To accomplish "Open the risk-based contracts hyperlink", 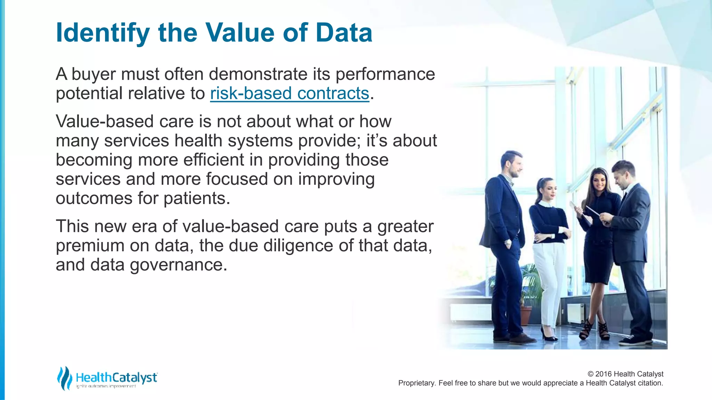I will pos(289,93).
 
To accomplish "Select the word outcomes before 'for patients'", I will pos(94,199).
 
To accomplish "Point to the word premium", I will pos(90,245).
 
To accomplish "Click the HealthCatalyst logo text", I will pos(116,377).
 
